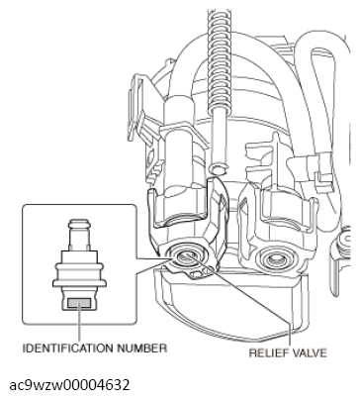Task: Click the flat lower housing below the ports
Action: pyautogui.click(x=227, y=307)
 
